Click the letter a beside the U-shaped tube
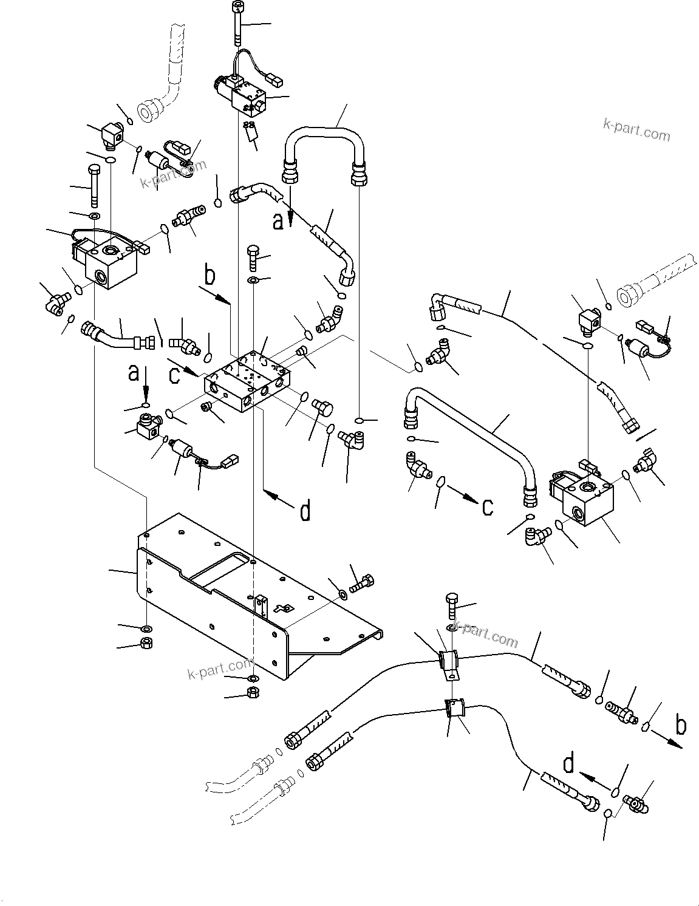pos(278,223)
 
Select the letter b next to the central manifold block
pos(209,276)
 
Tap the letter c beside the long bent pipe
pos(487,506)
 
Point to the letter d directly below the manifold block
pos(305,511)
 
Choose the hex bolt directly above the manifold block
pos(252,258)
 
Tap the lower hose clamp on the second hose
pos(453,709)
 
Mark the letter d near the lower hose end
pos(568,764)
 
